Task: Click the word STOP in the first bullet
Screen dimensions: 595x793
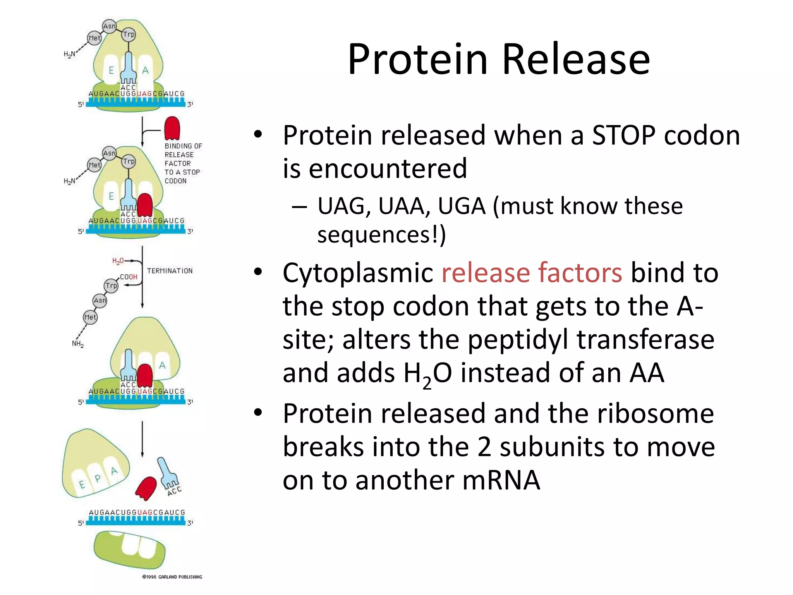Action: click(x=624, y=135)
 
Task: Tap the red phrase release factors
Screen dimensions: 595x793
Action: click(x=532, y=273)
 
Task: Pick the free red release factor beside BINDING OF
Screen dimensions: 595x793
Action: click(x=172, y=128)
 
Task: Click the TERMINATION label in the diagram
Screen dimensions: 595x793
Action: click(x=170, y=271)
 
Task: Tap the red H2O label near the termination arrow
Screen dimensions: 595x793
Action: click(x=118, y=261)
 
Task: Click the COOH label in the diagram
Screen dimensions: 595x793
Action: click(x=129, y=277)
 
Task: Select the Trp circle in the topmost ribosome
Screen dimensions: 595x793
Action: click(x=129, y=34)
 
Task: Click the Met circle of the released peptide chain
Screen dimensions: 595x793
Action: click(x=90, y=317)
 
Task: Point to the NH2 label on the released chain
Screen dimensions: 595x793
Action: click(x=78, y=344)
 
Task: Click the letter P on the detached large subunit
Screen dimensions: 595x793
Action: click(x=97, y=478)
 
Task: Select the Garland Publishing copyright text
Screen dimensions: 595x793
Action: click(x=172, y=577)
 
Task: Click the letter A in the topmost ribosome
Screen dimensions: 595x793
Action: click(x=145, y=71)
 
